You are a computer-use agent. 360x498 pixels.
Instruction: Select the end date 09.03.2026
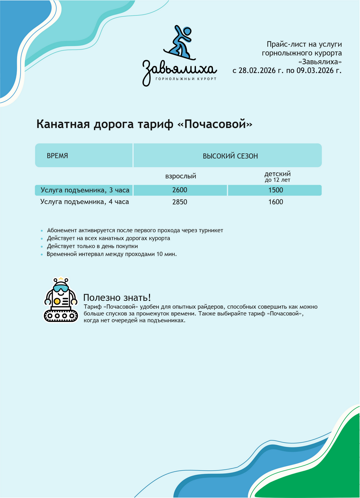point(315,71)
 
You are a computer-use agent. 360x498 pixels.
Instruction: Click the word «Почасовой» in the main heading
point(215,124)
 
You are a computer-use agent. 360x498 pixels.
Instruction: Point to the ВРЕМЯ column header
point(57,156)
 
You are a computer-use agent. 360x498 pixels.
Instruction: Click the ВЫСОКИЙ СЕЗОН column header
point(230,156)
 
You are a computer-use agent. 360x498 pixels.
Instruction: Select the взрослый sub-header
point(181,176)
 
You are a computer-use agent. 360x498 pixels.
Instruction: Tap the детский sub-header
point(277,174)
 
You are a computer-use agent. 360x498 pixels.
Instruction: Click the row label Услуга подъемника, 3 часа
point(85,190)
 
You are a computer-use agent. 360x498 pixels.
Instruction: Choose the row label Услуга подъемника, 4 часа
point(84,202)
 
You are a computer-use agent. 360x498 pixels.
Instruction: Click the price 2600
point(180,190)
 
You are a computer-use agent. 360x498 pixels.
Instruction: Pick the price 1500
point(276,190)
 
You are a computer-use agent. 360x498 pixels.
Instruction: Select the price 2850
point(180,202)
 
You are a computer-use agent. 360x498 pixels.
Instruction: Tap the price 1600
point(276,202)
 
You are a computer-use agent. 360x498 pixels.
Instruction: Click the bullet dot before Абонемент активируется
point(42,231)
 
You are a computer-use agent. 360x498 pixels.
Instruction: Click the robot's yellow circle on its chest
point(57,301)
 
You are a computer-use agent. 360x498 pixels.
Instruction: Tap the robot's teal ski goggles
point(60,288)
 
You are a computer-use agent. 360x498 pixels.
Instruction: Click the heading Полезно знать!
point(117,298)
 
